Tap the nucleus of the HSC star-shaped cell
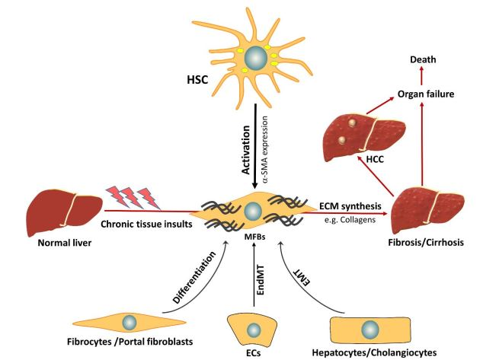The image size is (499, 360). pos(255,58)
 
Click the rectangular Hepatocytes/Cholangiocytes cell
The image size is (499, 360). pos(370,329)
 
